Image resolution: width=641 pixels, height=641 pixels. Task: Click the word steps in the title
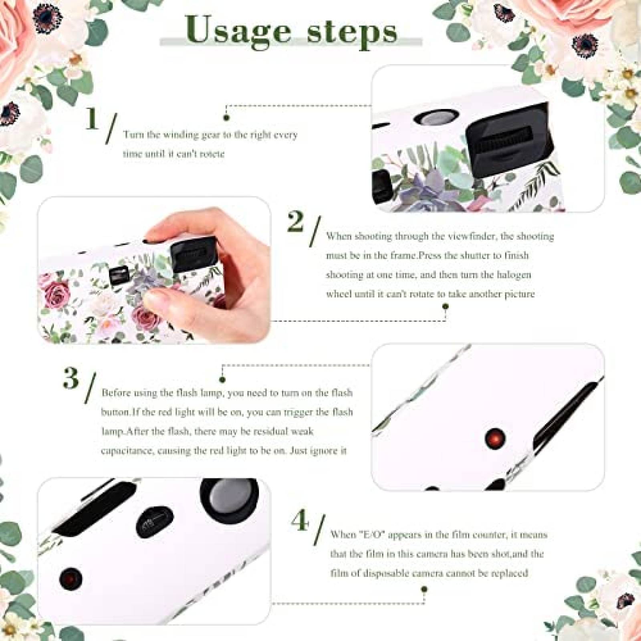(352, 32)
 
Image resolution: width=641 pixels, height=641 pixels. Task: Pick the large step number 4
(300, 521)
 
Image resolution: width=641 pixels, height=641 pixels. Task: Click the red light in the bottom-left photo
(71, 578)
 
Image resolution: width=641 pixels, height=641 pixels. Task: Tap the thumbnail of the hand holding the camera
(154, 270)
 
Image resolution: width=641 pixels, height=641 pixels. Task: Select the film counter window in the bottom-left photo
(155, 522)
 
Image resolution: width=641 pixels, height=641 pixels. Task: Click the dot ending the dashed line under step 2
(445, 307)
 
